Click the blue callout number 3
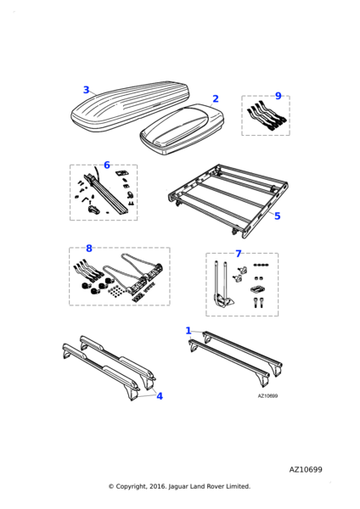(86, 90)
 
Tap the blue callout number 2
(216, 98)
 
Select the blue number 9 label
(278, 96)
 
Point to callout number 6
(107, 165)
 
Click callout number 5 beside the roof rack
(277, 216)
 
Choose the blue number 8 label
(89, 249)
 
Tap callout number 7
(239, 254)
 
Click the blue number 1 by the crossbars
(188, 331)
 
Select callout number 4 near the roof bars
(160, 396)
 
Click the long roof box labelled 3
(130, 106)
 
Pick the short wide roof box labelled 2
(182, 130)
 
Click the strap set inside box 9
(267, 116)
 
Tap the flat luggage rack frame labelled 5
(228, 200)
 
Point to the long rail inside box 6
(107, 193)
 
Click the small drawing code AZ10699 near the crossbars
(267, 396)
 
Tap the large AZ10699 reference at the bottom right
(306, 470)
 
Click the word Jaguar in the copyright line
(178, 487)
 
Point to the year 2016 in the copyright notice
(158, 487)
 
